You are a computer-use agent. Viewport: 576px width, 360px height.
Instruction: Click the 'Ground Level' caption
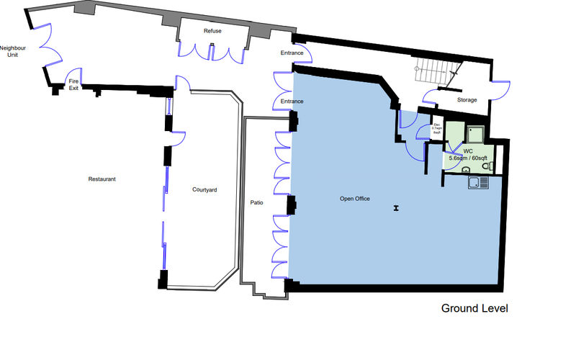[474, 308]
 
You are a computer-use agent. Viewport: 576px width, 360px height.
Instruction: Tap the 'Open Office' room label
[354, 198]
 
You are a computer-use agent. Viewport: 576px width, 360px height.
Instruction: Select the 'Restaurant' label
[102, 179]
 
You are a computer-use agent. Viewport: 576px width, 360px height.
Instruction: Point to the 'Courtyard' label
[204, 190]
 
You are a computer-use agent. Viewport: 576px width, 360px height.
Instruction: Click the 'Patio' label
[256, 203]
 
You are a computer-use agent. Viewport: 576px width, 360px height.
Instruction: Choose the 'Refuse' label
[212, 31]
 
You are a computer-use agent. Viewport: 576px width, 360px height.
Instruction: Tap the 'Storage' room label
[467, 100]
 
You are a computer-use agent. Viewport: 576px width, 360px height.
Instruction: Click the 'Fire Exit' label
[73, 84]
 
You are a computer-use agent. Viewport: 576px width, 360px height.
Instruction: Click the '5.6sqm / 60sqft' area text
[467, 157]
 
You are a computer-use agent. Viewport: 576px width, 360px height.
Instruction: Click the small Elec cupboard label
[436, 130]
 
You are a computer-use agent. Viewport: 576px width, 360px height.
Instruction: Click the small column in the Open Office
[395, 209]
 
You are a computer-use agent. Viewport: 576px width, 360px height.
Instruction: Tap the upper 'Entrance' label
[292, 54]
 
